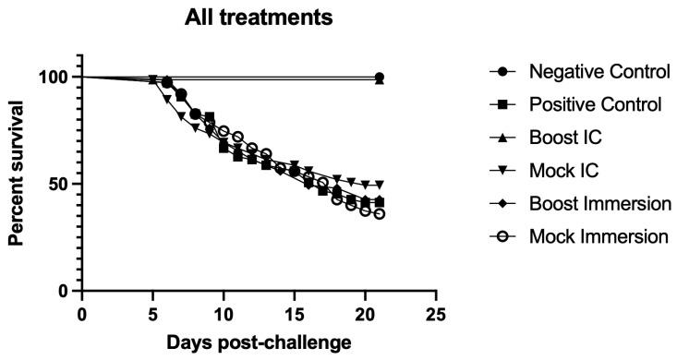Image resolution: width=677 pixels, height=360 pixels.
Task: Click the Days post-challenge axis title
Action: point(259,343)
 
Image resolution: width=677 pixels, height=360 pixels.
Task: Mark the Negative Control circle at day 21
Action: point(380,78)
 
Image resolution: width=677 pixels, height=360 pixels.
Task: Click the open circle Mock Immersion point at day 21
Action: point(380,214)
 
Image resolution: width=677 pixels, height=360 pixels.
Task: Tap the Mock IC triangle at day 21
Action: point(380,185)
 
